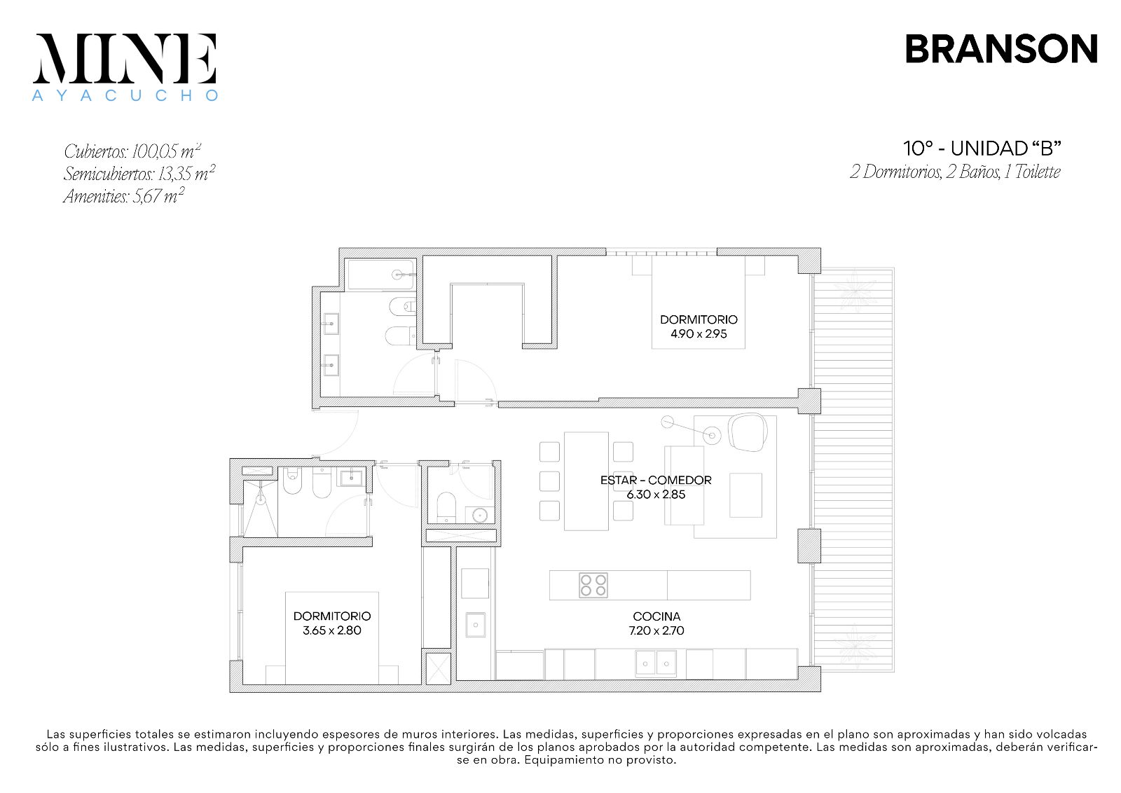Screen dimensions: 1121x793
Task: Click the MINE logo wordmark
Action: (x=125, y=59)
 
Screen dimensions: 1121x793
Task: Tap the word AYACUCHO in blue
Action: (x=125, y=95)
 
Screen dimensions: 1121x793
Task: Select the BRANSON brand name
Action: (x=1001, y=49)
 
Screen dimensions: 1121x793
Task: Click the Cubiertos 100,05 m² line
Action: (x=132, y=151)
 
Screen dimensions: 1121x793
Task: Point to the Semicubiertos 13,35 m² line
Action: (x=139, y=173)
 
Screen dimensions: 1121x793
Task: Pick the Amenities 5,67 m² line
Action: (x=123, y=195)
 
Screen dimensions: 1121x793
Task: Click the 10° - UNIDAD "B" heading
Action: (x=982, y=149)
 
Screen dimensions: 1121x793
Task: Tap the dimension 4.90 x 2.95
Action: (x=699, y=333)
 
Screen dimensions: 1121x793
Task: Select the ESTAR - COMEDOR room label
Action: (x=656, y=480)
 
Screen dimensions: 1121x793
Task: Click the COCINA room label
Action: (x=656, y=616)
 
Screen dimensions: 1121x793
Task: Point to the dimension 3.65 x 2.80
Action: (x=332, y=630)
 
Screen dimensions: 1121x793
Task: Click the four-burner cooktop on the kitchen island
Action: (x=593, y=585)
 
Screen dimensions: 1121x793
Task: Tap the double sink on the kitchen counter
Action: (x=656, y=663)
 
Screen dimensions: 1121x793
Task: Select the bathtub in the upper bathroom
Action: (x=381, y=274)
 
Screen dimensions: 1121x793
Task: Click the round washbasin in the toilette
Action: (x=481, y=515)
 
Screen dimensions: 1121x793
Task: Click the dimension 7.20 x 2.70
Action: (x=656, y=630)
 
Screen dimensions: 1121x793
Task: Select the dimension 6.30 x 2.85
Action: (x=656, y=495)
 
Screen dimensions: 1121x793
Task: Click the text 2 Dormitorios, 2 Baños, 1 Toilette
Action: (x=955, y=172)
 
